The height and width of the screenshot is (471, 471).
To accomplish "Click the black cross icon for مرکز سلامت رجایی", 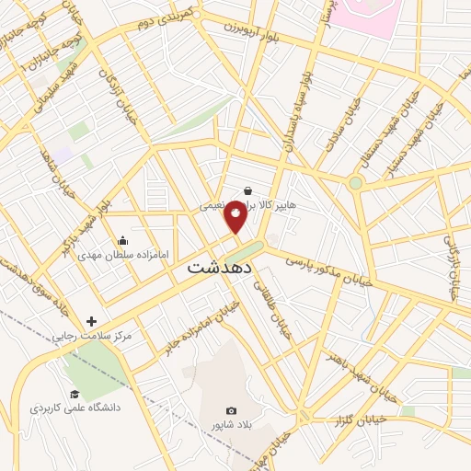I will (91, 321).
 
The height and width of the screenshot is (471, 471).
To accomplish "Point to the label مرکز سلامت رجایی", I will (92, 337).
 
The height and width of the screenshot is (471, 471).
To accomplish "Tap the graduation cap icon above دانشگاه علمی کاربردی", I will (74, 394).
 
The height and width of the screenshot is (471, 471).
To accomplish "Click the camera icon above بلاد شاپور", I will (231, 410).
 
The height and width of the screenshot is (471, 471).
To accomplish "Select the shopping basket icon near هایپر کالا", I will (249, 191).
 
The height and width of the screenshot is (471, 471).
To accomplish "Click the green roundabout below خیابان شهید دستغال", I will (356, 183).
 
